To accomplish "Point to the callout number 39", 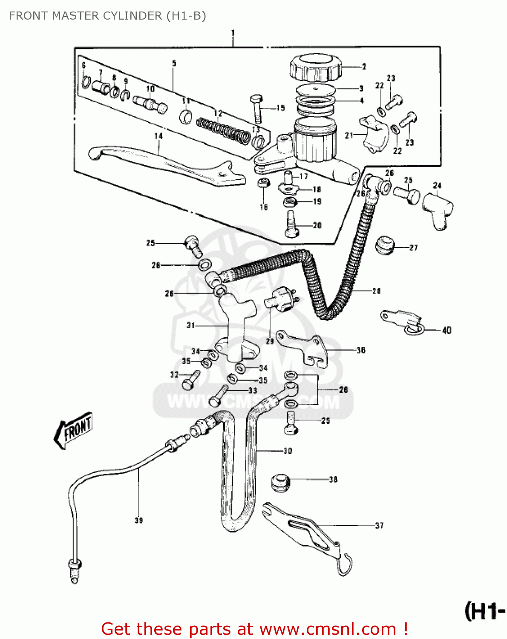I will tap(139, 520).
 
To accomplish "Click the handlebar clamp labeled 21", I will tap(374, 134).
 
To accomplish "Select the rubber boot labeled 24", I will tap(438, 209).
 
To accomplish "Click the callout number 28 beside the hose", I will tap(376, 291).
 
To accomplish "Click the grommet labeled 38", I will tap(281, 482).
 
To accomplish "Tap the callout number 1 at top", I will tap(233, 33).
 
